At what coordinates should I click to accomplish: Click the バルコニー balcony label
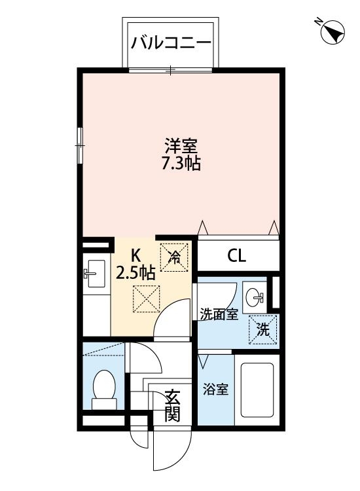[x=171, y=43]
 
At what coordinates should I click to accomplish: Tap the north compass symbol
[x=333, y=31]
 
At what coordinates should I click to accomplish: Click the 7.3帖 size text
[x=181, y=164]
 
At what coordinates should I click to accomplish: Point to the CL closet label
[x=236, y=256]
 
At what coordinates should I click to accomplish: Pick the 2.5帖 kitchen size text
[x=135, y=272]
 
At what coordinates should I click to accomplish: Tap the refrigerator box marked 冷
[x=175, y=256]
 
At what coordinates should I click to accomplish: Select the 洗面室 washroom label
[x=218, y=314]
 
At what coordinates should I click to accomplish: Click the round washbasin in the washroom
[x=253, y=299]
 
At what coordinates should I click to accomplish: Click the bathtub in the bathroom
[x=257, y=390]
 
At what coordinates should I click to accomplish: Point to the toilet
[x=104, y=385]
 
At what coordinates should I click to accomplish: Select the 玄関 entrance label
[x=172, y=406]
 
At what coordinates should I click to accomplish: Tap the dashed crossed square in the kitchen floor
[x=146, y=299]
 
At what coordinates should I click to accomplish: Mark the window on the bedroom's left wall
[x=80, y=145]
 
